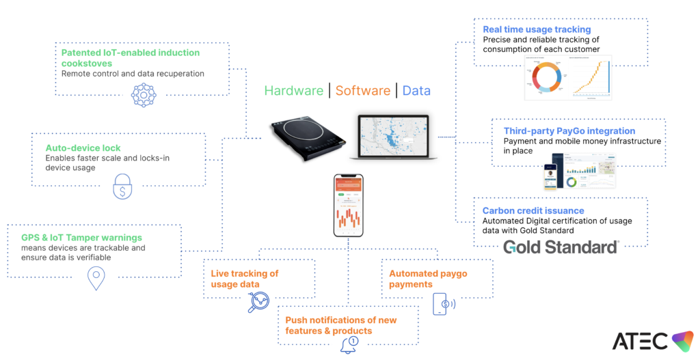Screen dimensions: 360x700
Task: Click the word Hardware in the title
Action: pyautogui.click(x=293, y=91)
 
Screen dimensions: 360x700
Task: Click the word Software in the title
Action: pyautogui.click(x=362, y=91)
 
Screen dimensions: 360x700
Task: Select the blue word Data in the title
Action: pyautogui.click(x=416, y=91)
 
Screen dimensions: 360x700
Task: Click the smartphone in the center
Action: pyautogui.click(x=348, y=206)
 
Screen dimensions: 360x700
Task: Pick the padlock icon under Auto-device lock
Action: pyautogui.click(x=122, y=186)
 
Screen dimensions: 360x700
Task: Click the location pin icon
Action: pyautogui.click(x=96, y=277)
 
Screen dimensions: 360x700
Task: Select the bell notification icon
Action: pyautogui.click(x=349, y=344)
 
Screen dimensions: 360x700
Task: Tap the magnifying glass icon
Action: pyautogui.click(x=258, y=302)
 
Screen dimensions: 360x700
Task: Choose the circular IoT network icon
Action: pyautogui.click(x=144, y=95)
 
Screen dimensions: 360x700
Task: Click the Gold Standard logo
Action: pyautogui.click(x=561, y=247)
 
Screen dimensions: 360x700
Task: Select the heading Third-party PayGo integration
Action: pyautogui.click(x=569, y=130)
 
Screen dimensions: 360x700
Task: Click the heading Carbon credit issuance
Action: pyautogui.click(x=533, y=211)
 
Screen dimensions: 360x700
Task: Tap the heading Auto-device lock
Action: pyautogui.click(x=83, y=148)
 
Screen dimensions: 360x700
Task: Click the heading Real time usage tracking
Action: pyautogui.click(x=537, y=29)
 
